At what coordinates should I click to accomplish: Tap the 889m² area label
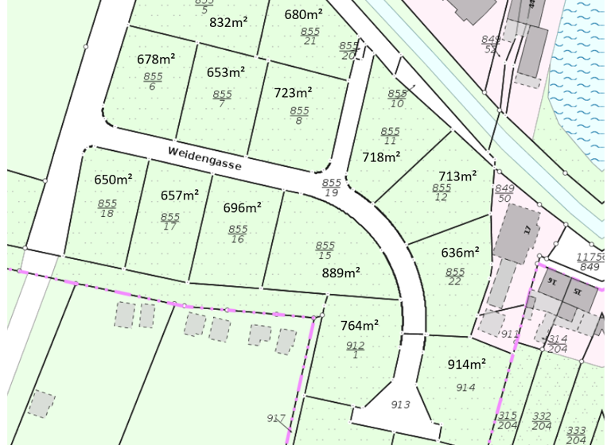coord(341,273)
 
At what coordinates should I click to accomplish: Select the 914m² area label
coord(467,364)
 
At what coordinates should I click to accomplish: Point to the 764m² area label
coord(360,325)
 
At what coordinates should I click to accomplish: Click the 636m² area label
coord(460,253)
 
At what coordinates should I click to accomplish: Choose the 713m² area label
coord(457,176)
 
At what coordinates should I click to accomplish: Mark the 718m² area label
coord(381,157)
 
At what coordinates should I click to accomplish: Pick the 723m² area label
coord(293,93)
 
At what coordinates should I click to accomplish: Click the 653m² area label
coord(225,72)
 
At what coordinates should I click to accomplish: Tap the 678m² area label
coord(156,59)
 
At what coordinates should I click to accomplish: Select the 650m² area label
coord(113,180)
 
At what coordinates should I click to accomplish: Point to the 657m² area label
coord(179,195)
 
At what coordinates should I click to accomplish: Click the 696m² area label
coord(242,207)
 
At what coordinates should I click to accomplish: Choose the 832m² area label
coord(228,22)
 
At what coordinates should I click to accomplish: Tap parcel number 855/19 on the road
coord(331,188)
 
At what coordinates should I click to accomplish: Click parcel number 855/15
coord(325,250)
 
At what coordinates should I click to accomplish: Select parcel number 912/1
coord(355,350)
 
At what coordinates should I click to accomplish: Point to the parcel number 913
coord(401,404)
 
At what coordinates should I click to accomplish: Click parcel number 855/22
coord(455,277)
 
